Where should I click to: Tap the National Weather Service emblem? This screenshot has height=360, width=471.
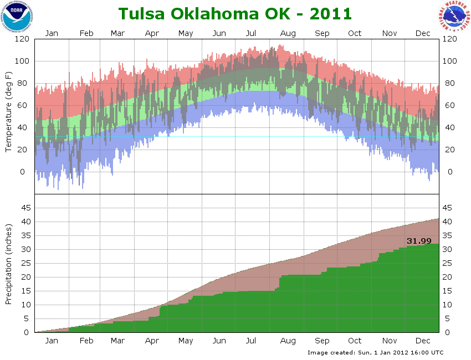[x=454, y=17]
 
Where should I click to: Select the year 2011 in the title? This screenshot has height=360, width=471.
[x=327, y=14]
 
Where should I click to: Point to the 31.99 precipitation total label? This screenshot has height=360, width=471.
[x=419, y=241]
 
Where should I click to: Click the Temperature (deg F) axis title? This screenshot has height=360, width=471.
[x=9, y=111]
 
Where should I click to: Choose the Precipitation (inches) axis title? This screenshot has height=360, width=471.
[x=9, y=264]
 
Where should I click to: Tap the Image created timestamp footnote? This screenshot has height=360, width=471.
[x=375, y=352]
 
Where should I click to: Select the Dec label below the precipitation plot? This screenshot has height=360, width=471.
[x=423, y=341]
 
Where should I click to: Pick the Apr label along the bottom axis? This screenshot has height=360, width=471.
[x=152, y=341]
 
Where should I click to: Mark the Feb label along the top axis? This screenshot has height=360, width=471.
[x=86, y=33]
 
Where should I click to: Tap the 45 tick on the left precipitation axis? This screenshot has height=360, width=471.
[x=24, y=208]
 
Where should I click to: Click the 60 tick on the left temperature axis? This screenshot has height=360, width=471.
[x=23, y=106]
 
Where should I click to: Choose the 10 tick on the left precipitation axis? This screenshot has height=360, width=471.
[x=24, y=305]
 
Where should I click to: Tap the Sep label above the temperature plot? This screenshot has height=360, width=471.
[x=322, y=33]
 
